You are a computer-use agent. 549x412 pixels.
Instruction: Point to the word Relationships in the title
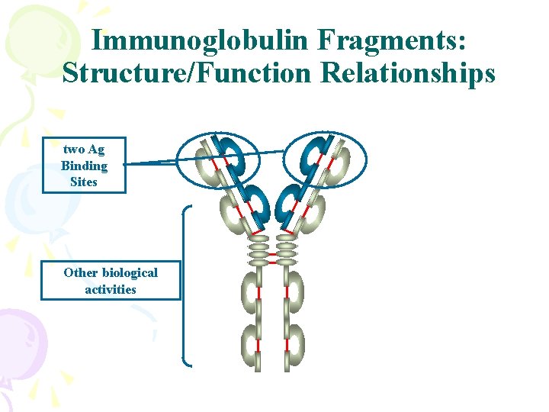pos(409,73)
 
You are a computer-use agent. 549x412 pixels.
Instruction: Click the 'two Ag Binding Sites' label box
pos(84,165)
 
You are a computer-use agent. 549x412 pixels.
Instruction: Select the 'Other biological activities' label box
pos(111,281)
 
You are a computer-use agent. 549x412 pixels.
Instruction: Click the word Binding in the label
pos(84,166)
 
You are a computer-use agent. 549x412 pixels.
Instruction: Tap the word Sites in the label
pos(84,182)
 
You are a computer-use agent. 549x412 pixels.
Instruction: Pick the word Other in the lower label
pos(79,272)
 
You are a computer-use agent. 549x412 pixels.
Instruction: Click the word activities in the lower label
pos(111,289)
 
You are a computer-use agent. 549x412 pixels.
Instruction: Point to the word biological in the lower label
pos(127,272)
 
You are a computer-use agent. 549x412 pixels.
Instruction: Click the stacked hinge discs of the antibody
pos(272,248)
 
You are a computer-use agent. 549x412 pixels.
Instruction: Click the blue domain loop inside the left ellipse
pos(229,156)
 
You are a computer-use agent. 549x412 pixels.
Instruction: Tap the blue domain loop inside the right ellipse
pos(313,156)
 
